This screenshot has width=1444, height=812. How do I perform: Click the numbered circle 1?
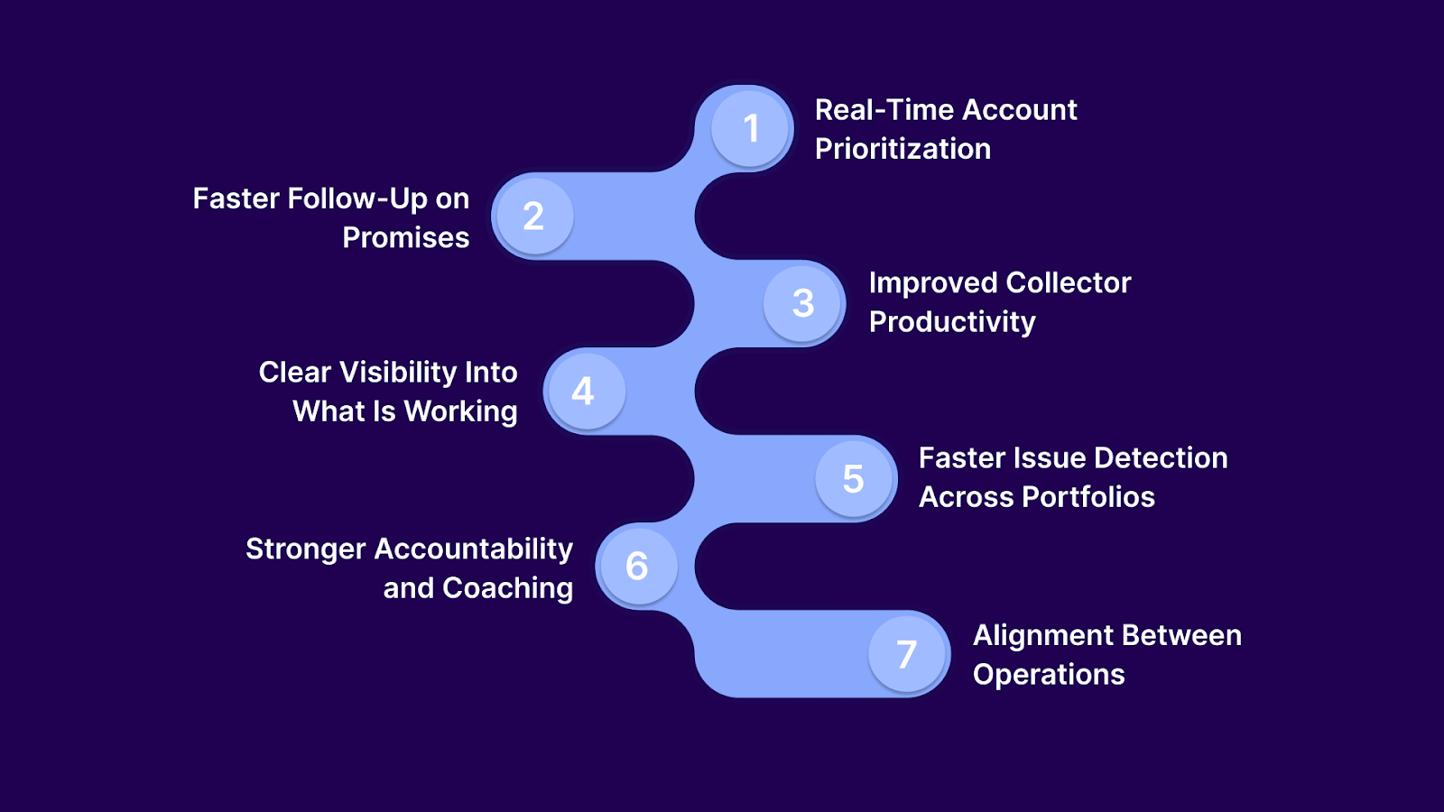click(x=750, y=129)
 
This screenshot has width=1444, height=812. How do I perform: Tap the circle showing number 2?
click(x=533, y=217)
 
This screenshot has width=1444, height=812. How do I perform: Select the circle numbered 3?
click(x=803, y=303)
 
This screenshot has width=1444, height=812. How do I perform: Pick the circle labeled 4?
click(x=584, y=391)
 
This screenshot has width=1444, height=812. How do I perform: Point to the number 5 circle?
click(x=854, y=479)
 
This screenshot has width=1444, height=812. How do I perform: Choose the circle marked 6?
click(x=637, y=567)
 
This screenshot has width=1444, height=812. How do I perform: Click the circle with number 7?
click(x=907, y=654)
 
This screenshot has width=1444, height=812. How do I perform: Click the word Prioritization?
click(x=902, y=149)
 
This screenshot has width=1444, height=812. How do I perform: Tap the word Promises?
click(x=405, y=237)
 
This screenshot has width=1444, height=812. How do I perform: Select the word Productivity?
click(x=951, y=322)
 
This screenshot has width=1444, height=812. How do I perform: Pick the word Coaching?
click(x=507, y=588)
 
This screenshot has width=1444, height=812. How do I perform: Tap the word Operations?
click(x=1048, y=675)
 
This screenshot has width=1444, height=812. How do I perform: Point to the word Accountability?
click(x=473, y=549)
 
